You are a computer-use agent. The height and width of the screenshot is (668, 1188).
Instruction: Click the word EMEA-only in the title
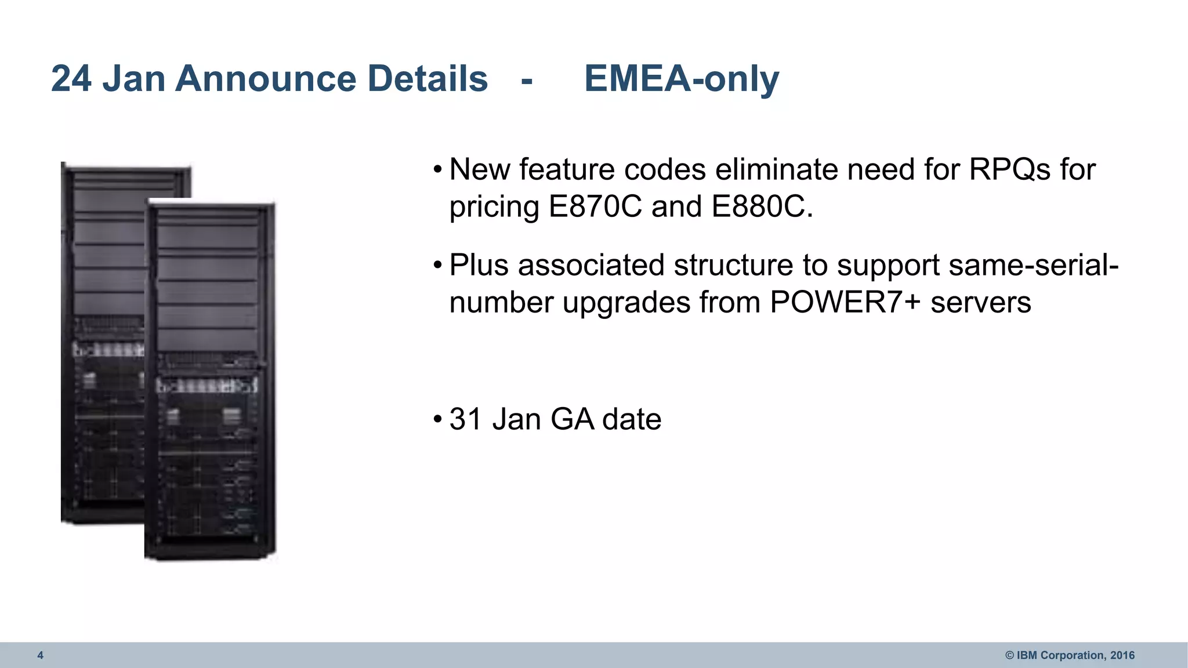tap(682, 79)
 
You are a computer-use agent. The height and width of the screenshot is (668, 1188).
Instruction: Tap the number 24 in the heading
tap(71, 79)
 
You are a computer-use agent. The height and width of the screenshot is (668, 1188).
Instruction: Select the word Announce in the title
tap(265, 79)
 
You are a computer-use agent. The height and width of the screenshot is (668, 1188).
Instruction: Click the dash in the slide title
tap(527, 80)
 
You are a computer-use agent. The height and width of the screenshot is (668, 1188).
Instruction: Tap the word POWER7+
tap(845, 303)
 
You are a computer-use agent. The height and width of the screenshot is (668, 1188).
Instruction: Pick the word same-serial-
tap(1033, 266)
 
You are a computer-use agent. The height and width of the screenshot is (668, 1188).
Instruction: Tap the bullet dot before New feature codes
tap(438, 170)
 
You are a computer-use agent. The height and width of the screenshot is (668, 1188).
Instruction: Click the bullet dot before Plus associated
tap(438, 266)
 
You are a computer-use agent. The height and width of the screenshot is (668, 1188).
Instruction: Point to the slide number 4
tap(40, 655)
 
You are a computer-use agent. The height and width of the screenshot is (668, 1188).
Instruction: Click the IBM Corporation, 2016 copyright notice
tap(1070, 655)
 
